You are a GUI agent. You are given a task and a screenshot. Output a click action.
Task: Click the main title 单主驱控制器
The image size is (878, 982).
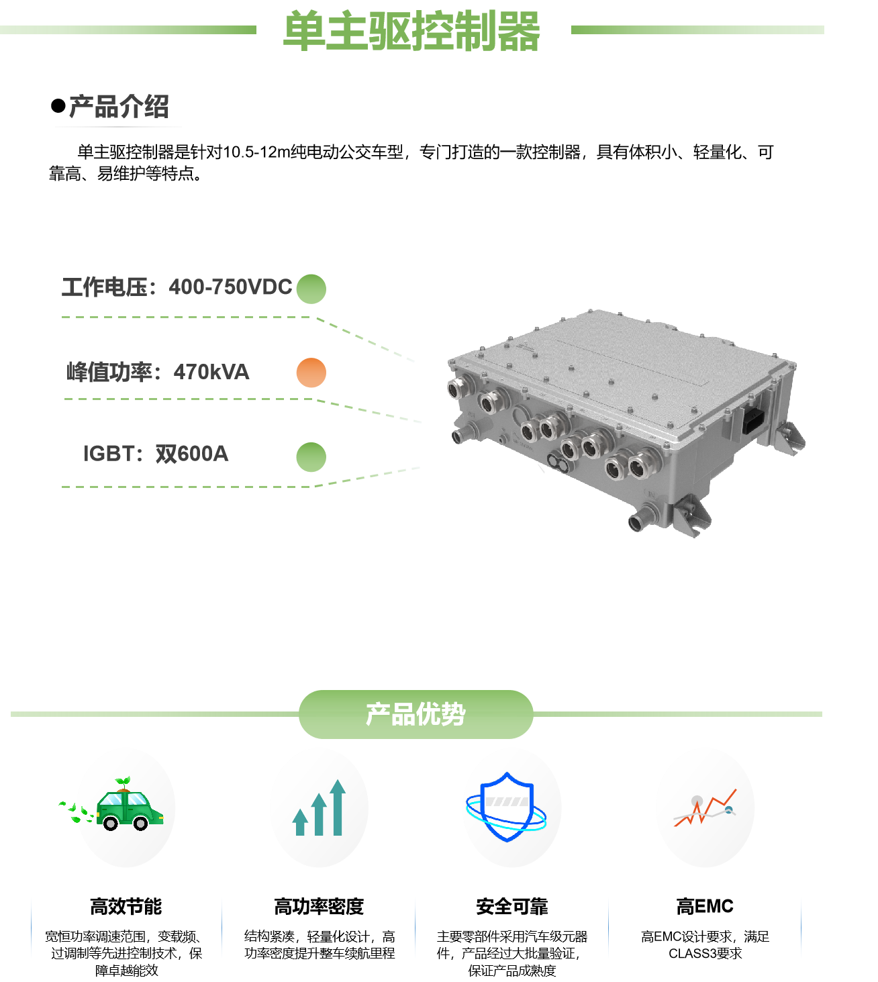(411, 31)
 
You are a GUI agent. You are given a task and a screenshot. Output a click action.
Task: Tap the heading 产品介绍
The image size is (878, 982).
(119, 107)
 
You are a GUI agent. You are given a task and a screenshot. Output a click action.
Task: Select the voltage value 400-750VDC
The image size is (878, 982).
(230, 287)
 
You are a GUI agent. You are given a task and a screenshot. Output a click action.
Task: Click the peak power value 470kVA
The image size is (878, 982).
(211, 372)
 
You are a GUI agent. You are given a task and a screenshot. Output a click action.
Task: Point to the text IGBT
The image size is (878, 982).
(108, 454)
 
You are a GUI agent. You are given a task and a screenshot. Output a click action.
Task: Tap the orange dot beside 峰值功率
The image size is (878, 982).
(311, 373)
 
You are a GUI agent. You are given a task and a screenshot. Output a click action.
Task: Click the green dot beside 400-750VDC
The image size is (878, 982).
(311, 289)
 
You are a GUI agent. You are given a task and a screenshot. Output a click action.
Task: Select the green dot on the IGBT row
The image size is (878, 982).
(311, 457)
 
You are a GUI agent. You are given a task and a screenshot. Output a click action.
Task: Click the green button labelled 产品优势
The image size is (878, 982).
(416, 714)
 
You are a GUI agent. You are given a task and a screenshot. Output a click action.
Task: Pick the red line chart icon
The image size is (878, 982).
(705, 807)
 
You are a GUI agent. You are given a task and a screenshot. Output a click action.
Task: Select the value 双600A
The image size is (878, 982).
(192, 454)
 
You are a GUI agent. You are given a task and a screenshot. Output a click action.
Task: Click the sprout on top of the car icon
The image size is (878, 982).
(122, 782)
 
